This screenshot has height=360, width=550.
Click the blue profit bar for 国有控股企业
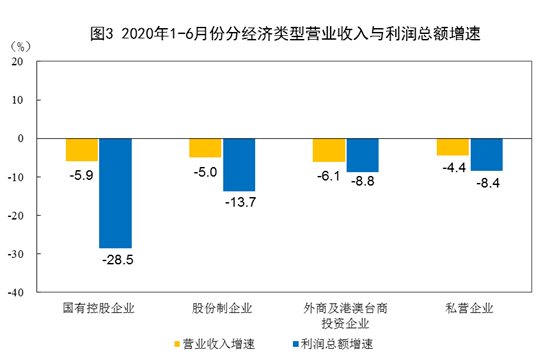(115, 193)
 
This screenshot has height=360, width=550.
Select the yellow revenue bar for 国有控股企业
(82, 150)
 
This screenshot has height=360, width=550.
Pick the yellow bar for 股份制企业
(205, 148)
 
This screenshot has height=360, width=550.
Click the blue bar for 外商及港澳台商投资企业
(362, 155)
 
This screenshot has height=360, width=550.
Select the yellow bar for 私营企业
(452, 147)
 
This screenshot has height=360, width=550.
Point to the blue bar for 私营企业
(486, 155)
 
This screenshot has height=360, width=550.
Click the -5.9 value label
(82, 173)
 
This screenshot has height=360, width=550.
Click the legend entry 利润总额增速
(329, 344)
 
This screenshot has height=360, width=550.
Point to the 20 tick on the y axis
(17, 61)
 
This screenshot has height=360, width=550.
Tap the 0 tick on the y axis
(20, 138)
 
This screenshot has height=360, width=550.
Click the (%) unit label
(19, 44)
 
